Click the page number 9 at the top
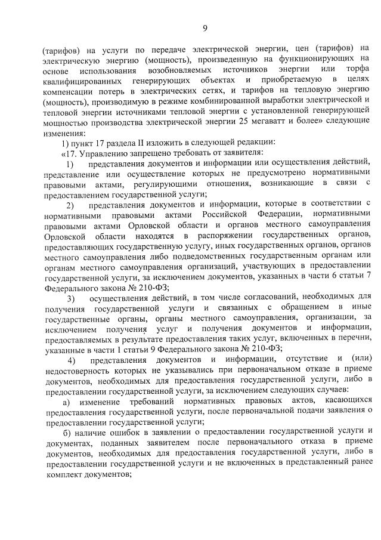pyautogui.click(x=205, y=28)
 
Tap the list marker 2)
pyautogui.click(x=70, y=205)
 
